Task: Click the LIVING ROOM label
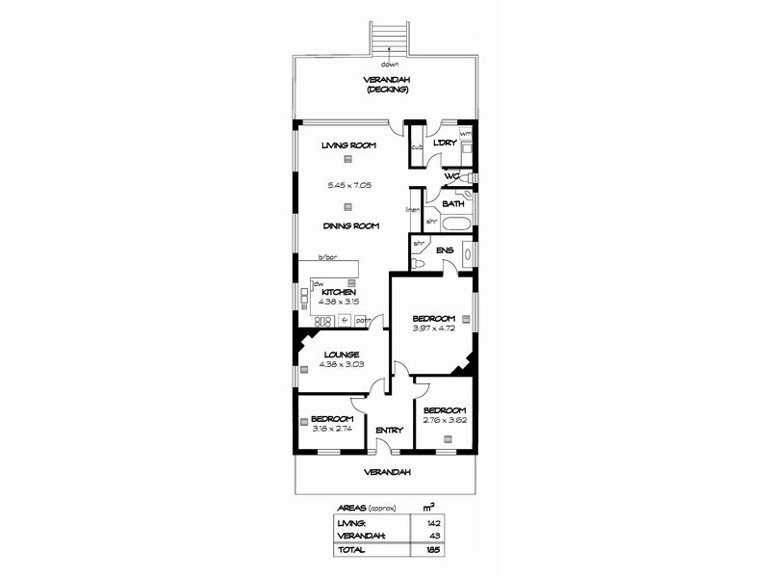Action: click(x=348, y=145)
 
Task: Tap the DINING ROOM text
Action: click(x=349, y=226)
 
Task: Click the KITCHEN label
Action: click(x=339, y=292)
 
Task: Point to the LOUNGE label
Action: click(x=341, y=355)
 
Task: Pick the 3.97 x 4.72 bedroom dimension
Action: click(x=432, y=328)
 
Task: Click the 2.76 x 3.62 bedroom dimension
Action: click(x=445, y=419)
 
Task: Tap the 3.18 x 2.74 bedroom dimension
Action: click(x=332, y=429)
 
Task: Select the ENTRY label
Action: click(x=389, y=430)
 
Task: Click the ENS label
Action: click(x=445, y=250)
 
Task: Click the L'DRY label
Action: click(x=445, y=144)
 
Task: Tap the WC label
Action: click(x=450, y=176)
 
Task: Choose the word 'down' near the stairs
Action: click(x=390, y=65)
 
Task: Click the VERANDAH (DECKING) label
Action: click(x=386, y=85)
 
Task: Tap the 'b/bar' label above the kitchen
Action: click(x=329, y=257)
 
